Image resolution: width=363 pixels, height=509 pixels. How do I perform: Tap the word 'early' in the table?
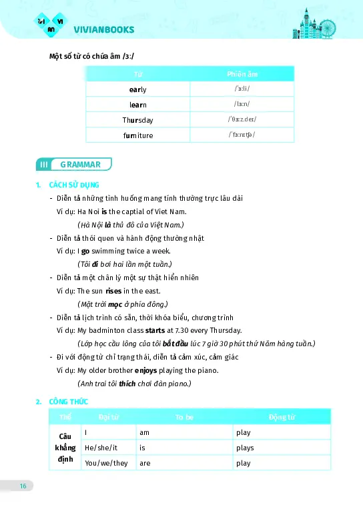coord(137,89)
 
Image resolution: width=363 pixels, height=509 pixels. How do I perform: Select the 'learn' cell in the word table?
coord(137,105)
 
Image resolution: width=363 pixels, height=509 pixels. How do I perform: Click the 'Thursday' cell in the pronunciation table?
coord(137,120)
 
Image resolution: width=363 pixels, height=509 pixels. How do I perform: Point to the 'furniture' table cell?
coord(137,135)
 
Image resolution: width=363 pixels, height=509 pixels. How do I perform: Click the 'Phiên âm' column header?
coord(242,73)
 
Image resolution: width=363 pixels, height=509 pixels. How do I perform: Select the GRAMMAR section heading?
coord(80,164)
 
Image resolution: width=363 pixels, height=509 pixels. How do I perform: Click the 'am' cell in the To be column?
coord(144,432)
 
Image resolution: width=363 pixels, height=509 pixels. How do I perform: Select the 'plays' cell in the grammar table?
coord(245,448)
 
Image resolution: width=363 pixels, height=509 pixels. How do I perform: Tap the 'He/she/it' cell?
coord(101,448)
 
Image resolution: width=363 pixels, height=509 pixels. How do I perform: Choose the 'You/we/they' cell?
coord(106,463)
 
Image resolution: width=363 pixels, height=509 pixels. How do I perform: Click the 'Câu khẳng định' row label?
coord(65,448)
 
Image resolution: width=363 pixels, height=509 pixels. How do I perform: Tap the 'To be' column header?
coord(184,417)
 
